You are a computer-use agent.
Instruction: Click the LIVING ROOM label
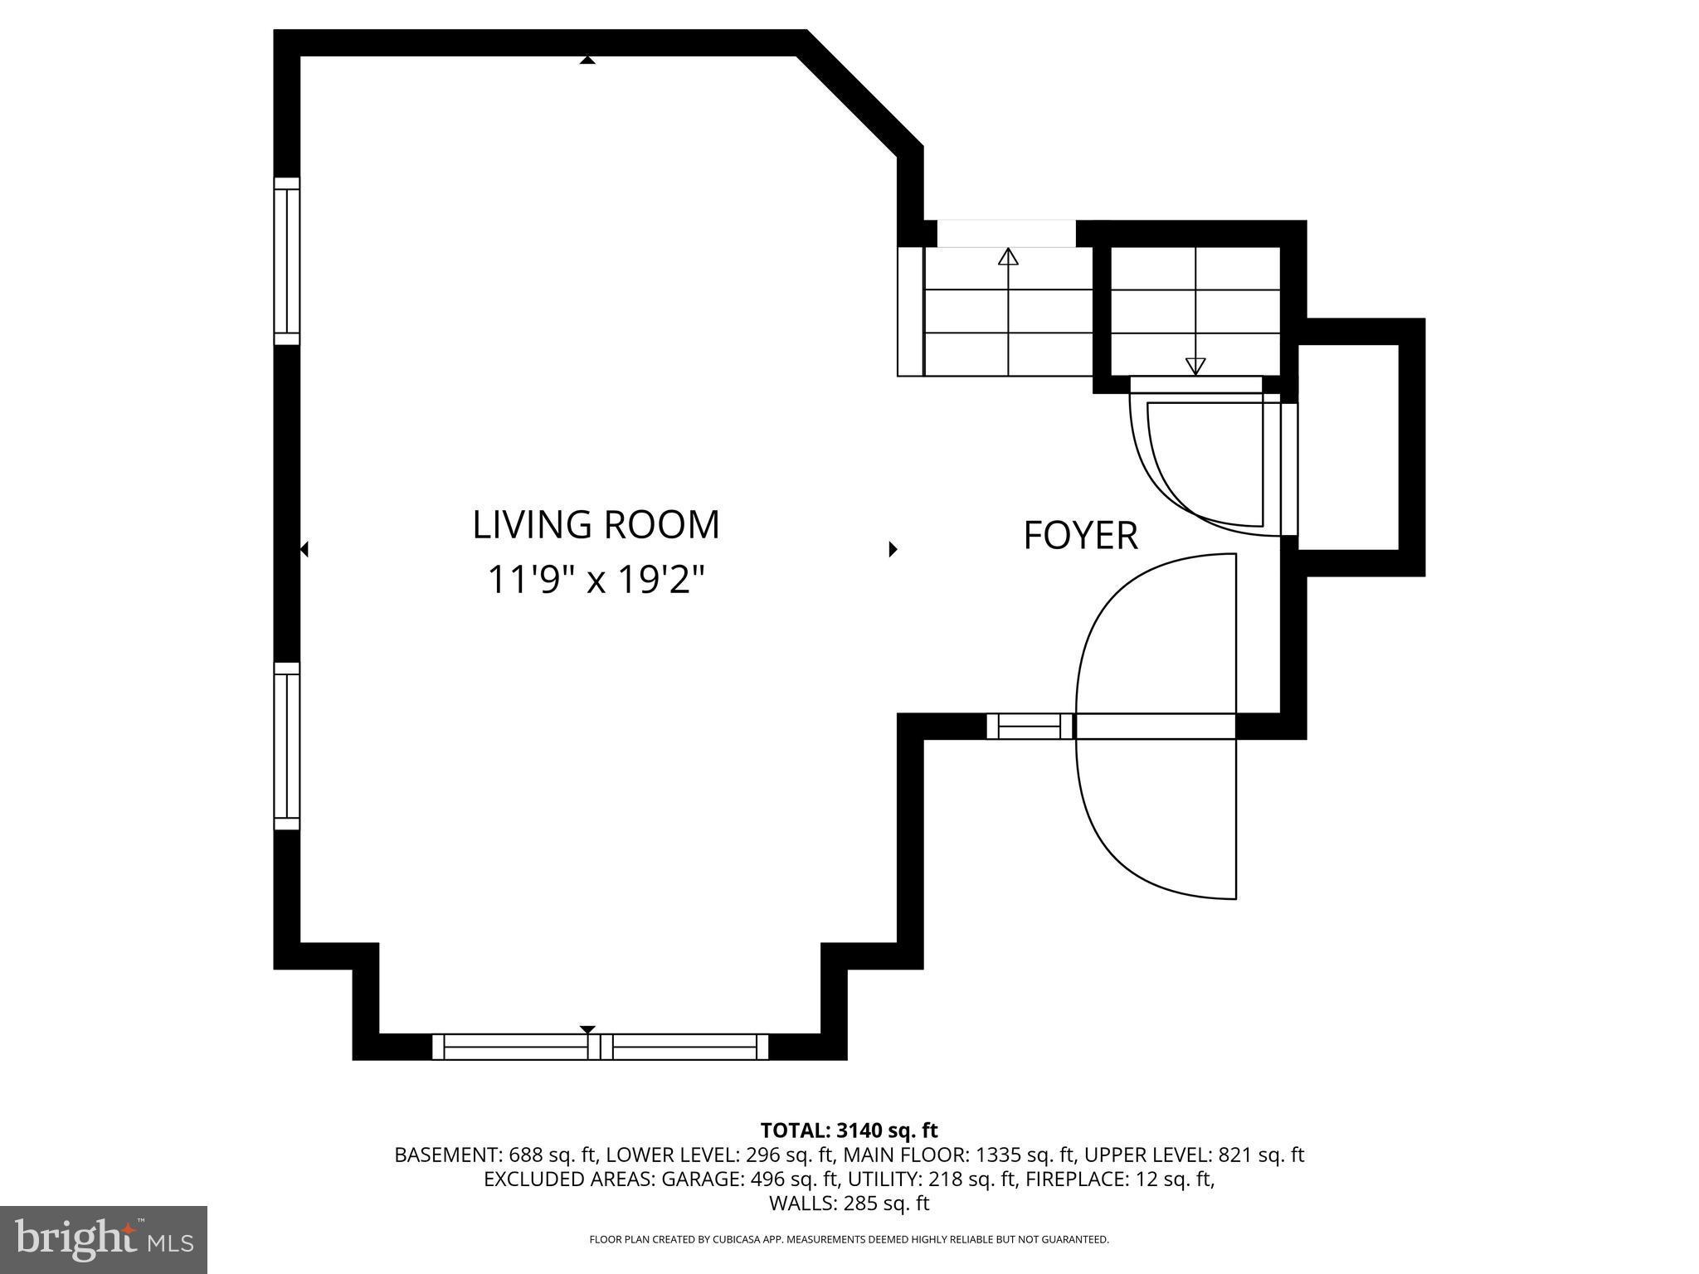(x=596, y=525)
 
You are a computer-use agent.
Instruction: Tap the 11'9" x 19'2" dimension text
(x=596, y=580)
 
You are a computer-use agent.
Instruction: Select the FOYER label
(x=1080, y=536)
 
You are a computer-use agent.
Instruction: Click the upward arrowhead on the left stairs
(x=1008, y=256)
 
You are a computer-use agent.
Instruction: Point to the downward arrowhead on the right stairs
(x=1195, y=366)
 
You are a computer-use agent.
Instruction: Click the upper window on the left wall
(x=286, y=260)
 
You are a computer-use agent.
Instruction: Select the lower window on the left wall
(x=286, y=746)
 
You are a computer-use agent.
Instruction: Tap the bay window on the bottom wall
(x=600, y=1047)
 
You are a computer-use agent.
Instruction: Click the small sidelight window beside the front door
(x=1030, y=727)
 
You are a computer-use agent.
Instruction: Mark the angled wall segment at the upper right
(x=863, y=91)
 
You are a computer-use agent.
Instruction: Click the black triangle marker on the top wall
(x=587, y=60)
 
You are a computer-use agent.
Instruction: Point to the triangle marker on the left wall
(x=304, y=549)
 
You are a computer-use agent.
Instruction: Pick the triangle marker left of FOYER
(x=893, y=549)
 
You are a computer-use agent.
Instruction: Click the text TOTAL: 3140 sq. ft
(x=849, y=1131)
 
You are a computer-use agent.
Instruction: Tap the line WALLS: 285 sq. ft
(x=849, y=1203)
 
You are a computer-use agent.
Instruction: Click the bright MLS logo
(x=104, y=1239)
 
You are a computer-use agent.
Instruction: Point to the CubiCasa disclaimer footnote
(x=849, y=1240)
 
